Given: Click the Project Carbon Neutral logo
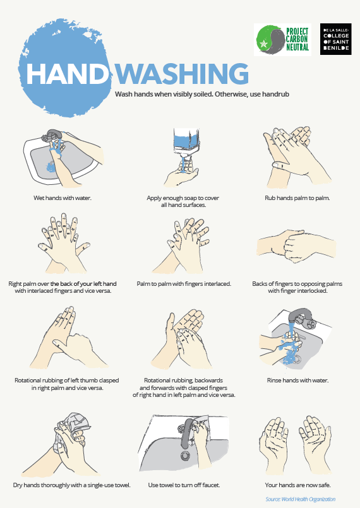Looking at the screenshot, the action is tap(282, 40).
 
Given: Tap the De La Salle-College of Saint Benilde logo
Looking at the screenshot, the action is tap(335, 39).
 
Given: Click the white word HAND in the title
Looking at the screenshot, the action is tap(67, 74).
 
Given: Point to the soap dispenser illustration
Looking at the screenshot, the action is tap(186, 144).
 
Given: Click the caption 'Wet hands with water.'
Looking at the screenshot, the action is tap(63, 198).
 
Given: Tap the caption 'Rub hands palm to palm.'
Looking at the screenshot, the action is tap(297, 198).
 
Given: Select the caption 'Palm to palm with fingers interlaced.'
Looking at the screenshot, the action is tap(184, 284).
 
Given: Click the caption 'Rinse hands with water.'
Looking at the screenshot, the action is tap(297, 380).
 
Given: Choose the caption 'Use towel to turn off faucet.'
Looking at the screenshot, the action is tap(184, 485).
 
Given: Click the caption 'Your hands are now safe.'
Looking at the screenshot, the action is tap(297, 485).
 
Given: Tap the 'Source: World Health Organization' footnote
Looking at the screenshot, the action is tap(301, 499).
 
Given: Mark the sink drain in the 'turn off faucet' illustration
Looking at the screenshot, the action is tap(186, 456).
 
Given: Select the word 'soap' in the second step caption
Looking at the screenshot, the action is tap(189, 198).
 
